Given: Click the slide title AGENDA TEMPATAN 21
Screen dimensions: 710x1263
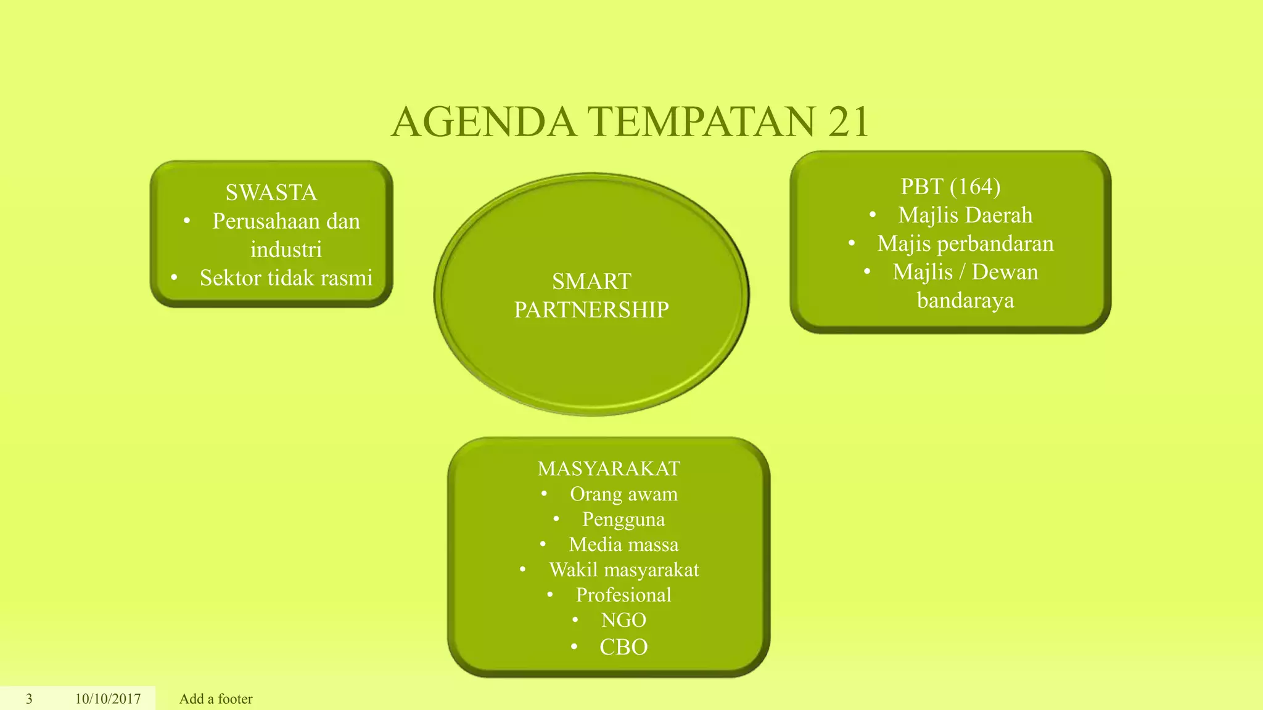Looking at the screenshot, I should [x=630, y=121].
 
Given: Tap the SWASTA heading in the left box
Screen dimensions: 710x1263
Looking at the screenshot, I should [x=271, y=193].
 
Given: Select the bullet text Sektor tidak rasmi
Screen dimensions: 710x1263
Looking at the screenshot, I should [x=286, y=278].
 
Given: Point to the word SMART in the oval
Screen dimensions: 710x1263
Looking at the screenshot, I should [x=591, y=282].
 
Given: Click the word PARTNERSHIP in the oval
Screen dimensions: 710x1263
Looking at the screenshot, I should [x=591, y=309].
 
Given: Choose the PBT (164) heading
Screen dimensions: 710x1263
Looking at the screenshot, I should [x=950, y=186].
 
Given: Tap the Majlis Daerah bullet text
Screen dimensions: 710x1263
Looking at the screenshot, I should [x=965, y=215].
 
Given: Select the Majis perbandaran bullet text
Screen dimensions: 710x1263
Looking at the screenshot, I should [x=965, y=243].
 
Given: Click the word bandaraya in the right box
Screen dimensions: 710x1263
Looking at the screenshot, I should [x=965, y=300].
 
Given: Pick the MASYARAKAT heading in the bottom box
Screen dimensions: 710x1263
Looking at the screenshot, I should [x=609, y=468].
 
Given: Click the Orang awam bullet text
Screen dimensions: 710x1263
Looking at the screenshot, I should [x=623, y=494].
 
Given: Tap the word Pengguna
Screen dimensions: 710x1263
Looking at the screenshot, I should [x=623, y=519].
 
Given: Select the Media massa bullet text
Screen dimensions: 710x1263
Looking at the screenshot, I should [x=623, y=544].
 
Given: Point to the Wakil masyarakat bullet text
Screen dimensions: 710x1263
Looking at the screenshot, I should [x=623, y=569].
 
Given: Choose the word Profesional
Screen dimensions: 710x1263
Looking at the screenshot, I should [x=623, y=595].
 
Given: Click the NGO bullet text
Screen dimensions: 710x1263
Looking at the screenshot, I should [x=623, y=620].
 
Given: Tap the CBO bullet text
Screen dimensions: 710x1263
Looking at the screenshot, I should [x=623, y=647].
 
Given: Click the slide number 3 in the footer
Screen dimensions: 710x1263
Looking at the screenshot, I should [x=29, y=699].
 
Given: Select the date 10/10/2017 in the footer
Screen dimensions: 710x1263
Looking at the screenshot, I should [x=108, y=699].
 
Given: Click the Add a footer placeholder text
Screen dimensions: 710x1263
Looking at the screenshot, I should [x=216, y=699].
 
